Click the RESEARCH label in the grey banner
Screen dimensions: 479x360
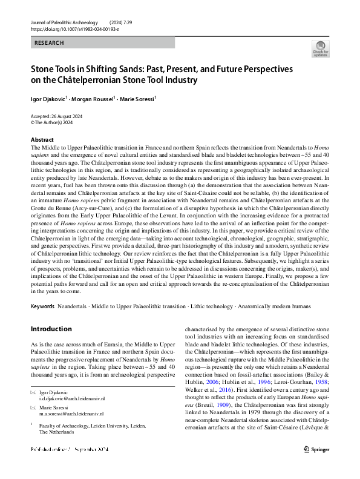coord(50,43)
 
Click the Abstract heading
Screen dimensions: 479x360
coord(42,139)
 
